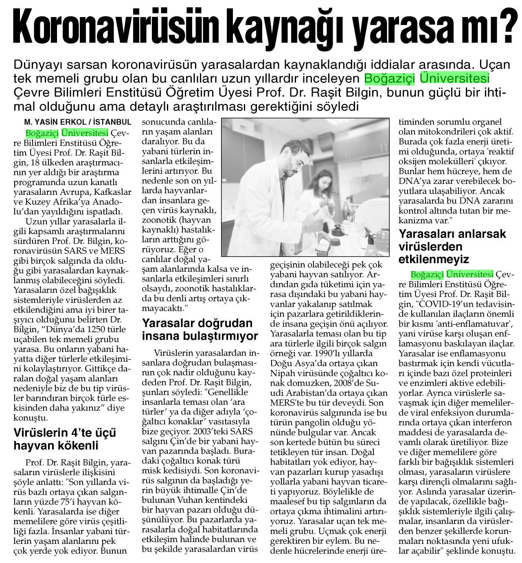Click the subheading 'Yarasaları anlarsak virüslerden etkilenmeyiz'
pyautogui.click(x=452, y=247)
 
